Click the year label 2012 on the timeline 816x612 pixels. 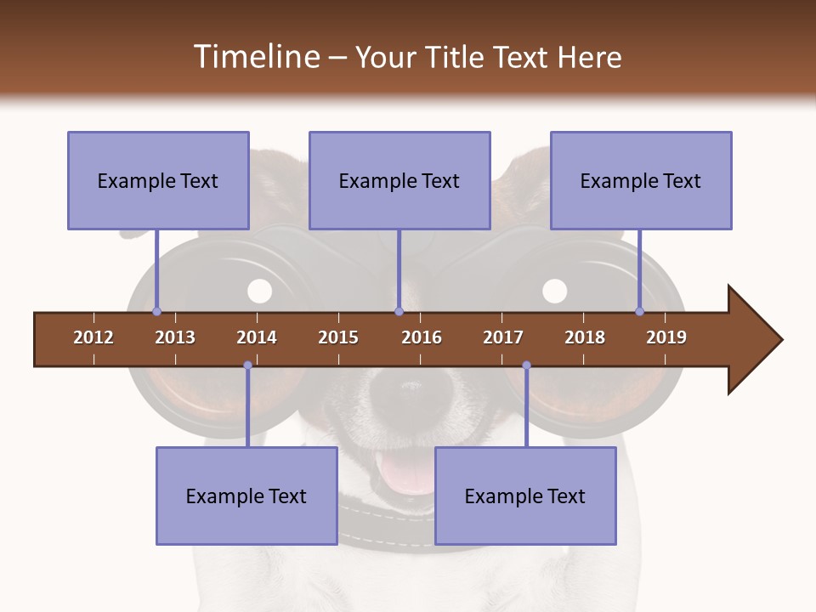tap(93, 337)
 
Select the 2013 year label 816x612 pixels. tap(175, 337)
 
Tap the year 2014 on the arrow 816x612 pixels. tap(257, 337)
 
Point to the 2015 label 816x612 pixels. tap(338, 337)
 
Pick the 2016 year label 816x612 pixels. tap(422, 337)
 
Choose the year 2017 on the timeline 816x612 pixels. tap(503, 337)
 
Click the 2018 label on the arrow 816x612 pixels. tap(585, 337)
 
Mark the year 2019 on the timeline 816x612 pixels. tap(666, 337)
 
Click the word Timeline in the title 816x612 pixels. tap(255, 57)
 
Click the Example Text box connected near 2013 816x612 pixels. tap(158, 180)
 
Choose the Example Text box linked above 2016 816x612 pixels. tap(399, 180)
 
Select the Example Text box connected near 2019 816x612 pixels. tap(641, 180)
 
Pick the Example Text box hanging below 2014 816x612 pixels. tap(246, 496)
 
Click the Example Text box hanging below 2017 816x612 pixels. tap(525, 496)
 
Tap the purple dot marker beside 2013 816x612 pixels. tap(156, 312)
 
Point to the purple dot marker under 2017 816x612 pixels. tap(526, 365)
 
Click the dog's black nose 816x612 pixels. tap(406, 393)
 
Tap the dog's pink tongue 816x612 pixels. tap(403, 472)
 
